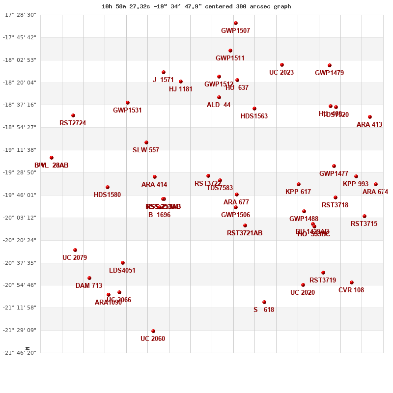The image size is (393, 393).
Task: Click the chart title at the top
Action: (196, 6)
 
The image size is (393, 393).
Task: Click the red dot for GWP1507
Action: (236, 23)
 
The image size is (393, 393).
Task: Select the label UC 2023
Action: (281, 73)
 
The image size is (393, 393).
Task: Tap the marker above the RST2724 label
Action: (73, 115)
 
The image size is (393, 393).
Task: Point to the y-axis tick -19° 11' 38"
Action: (20, 150)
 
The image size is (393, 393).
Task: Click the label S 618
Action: (264, 310)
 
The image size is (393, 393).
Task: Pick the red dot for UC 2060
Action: (153, 331)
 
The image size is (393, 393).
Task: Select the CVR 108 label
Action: (351, 290)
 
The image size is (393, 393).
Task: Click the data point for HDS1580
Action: (108, 187)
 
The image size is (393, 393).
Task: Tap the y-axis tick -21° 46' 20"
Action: (20, 353)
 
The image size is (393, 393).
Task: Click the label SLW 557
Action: (146, 150)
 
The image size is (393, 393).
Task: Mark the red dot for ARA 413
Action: (370, 117)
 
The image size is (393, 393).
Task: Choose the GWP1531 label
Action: (127, 111)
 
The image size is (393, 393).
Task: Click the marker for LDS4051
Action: (123, 263)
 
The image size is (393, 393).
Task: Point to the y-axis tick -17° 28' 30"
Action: (20, 15)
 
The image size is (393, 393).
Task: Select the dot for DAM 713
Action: (89, 278)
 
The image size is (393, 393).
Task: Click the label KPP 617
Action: (298, 192)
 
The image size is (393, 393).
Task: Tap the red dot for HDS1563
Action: (254, 109)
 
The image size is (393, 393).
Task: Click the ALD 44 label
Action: (219, 105)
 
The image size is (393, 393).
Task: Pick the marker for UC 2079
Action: (75, 250)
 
